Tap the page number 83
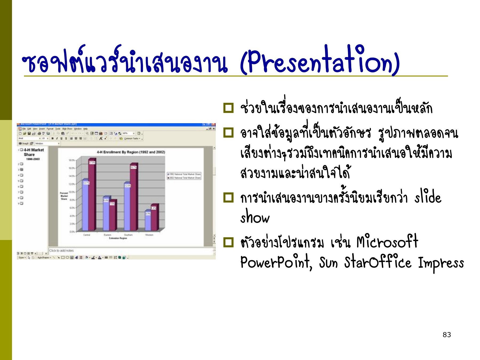(447, 335)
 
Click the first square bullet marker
(229, 108)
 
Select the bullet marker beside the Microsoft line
(229, 242)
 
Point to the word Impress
(441, 263)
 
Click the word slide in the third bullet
(428, 198)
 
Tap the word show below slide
(255, 218)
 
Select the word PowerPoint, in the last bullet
(276, 263)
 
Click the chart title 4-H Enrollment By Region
(131, 152)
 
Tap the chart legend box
(184, 176)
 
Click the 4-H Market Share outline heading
(33, 152)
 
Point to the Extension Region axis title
(118, 238)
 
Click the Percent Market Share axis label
(64, 196)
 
